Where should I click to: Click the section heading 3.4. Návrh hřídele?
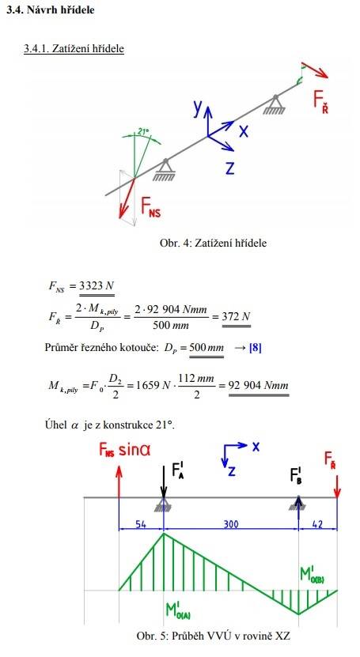51,9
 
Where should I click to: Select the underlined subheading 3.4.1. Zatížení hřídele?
74,48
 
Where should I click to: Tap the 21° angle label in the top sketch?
143,131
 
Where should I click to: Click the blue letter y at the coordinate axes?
199,108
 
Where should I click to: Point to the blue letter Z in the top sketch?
229,168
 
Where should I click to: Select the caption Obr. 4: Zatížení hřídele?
213,243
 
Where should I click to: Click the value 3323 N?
97,286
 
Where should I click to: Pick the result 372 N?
236,316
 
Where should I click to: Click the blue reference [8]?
255,348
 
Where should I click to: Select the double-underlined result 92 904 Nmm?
258,385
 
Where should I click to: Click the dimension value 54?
141,524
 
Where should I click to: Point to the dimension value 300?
231,524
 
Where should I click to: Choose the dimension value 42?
317,524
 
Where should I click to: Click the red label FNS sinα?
125,450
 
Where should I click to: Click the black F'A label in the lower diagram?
178,470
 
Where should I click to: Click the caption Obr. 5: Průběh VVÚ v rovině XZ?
214,635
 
